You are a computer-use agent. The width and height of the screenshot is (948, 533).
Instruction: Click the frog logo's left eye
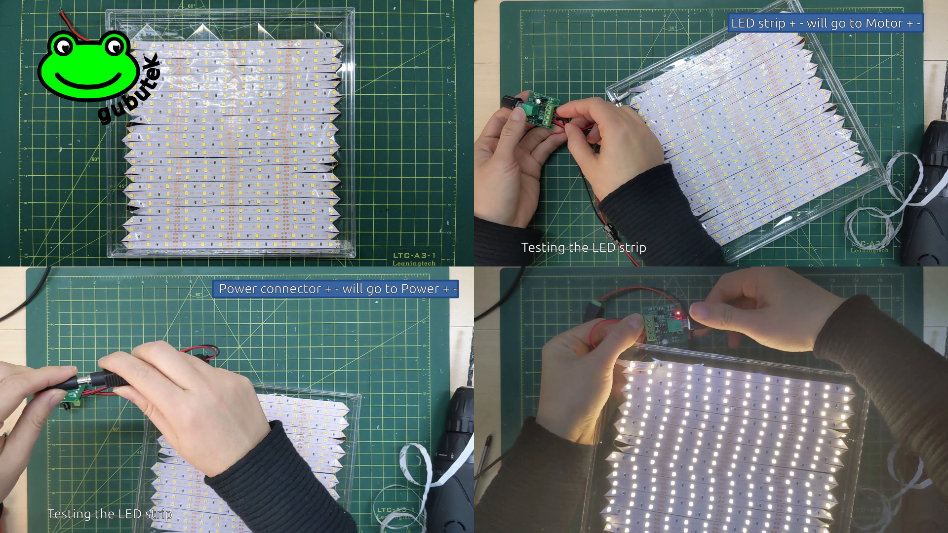[x=64, y=47]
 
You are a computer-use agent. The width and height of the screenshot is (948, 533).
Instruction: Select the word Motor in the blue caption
[x=884, y=23]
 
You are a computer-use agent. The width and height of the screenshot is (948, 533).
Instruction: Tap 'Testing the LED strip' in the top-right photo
[x=584, y=247]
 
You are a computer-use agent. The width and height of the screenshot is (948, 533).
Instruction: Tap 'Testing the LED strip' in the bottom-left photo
[x=110, y=514]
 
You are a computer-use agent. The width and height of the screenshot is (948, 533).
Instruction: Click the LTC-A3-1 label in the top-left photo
[x=414, y=255]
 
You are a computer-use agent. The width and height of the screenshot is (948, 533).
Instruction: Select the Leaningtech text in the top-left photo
[x=414, y=263]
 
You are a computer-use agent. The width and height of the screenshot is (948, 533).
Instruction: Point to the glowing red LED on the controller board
[x=678, y=313]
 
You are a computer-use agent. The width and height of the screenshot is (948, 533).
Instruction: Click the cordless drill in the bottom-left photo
[x=457, y=444]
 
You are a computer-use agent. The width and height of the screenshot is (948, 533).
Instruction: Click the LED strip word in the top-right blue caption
[x=758, y=23]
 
